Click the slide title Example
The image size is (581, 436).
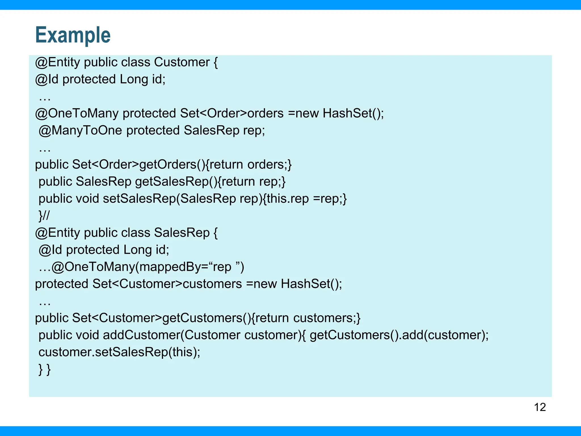pyautogui.click(x=73, y=35)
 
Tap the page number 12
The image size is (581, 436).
pyautogui.click(x=540, y=407)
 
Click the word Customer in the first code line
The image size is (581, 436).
pyautogui.click(x=182, y=62)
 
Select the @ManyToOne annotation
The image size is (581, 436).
pyautogui.click(x=80, y=131)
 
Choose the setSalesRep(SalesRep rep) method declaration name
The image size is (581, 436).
pyautogui.click(x=139, y=199)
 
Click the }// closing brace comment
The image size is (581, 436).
pyautogui.click(x=44, y=216)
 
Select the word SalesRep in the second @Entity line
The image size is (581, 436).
pyautogui.click(x=182, y=233)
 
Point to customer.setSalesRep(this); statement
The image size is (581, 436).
pyautogui.click(x=119, y=352)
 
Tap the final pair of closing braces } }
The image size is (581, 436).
pyautogui.click(x=45, y=369)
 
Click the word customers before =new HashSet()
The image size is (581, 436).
pyautogui.click(x=212, y=284)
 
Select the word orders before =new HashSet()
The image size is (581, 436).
pyautogui.click(x=265, y=114)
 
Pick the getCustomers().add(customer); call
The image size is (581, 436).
pyautogui.click(x=399, y=335)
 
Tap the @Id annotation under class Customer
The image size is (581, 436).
pyautogui.click(x=47, y=79)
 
